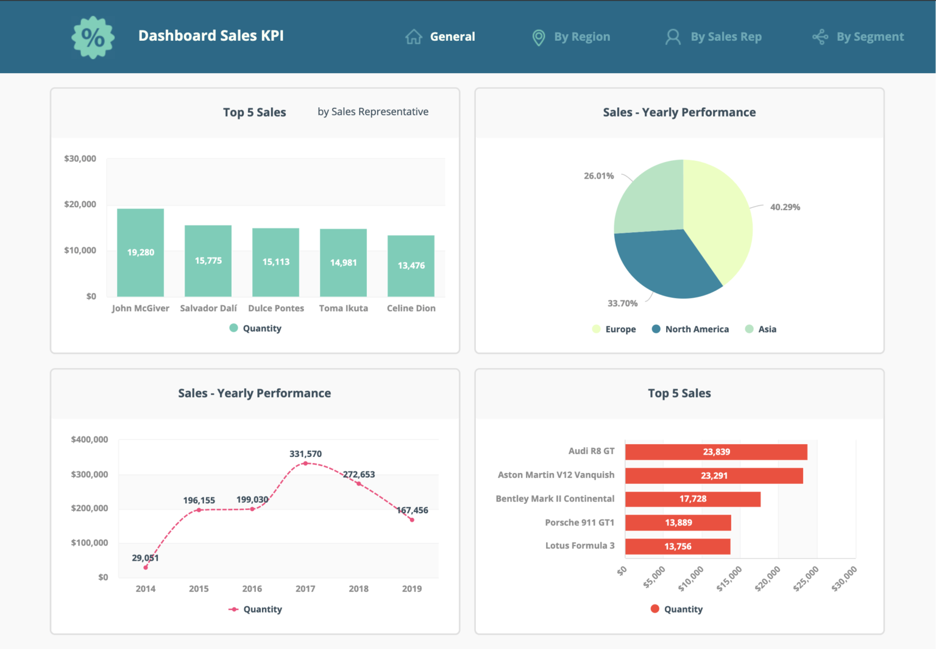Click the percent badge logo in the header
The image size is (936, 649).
(93, 37)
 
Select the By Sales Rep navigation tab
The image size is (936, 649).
(714, 37)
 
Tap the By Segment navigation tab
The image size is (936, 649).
(859, 37)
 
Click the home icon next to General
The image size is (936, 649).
(414, 37)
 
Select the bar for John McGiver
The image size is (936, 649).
(140, 252)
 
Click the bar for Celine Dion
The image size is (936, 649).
(411, 266)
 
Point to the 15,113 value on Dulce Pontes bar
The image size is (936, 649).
(276, 262)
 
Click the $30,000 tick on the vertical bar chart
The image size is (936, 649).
(80, 158)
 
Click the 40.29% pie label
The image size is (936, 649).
(785, 207)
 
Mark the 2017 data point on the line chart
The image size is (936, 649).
(305, 464)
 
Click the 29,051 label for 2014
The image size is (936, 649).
(145, 558)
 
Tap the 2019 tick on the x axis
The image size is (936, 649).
(412, 589)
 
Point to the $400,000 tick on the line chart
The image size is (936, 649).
(90, 439)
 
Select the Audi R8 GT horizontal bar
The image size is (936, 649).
(716, 452)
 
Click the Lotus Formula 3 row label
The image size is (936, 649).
(580, 546)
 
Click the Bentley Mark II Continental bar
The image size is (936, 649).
(692, 499)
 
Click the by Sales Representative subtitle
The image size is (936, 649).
(373, 112)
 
